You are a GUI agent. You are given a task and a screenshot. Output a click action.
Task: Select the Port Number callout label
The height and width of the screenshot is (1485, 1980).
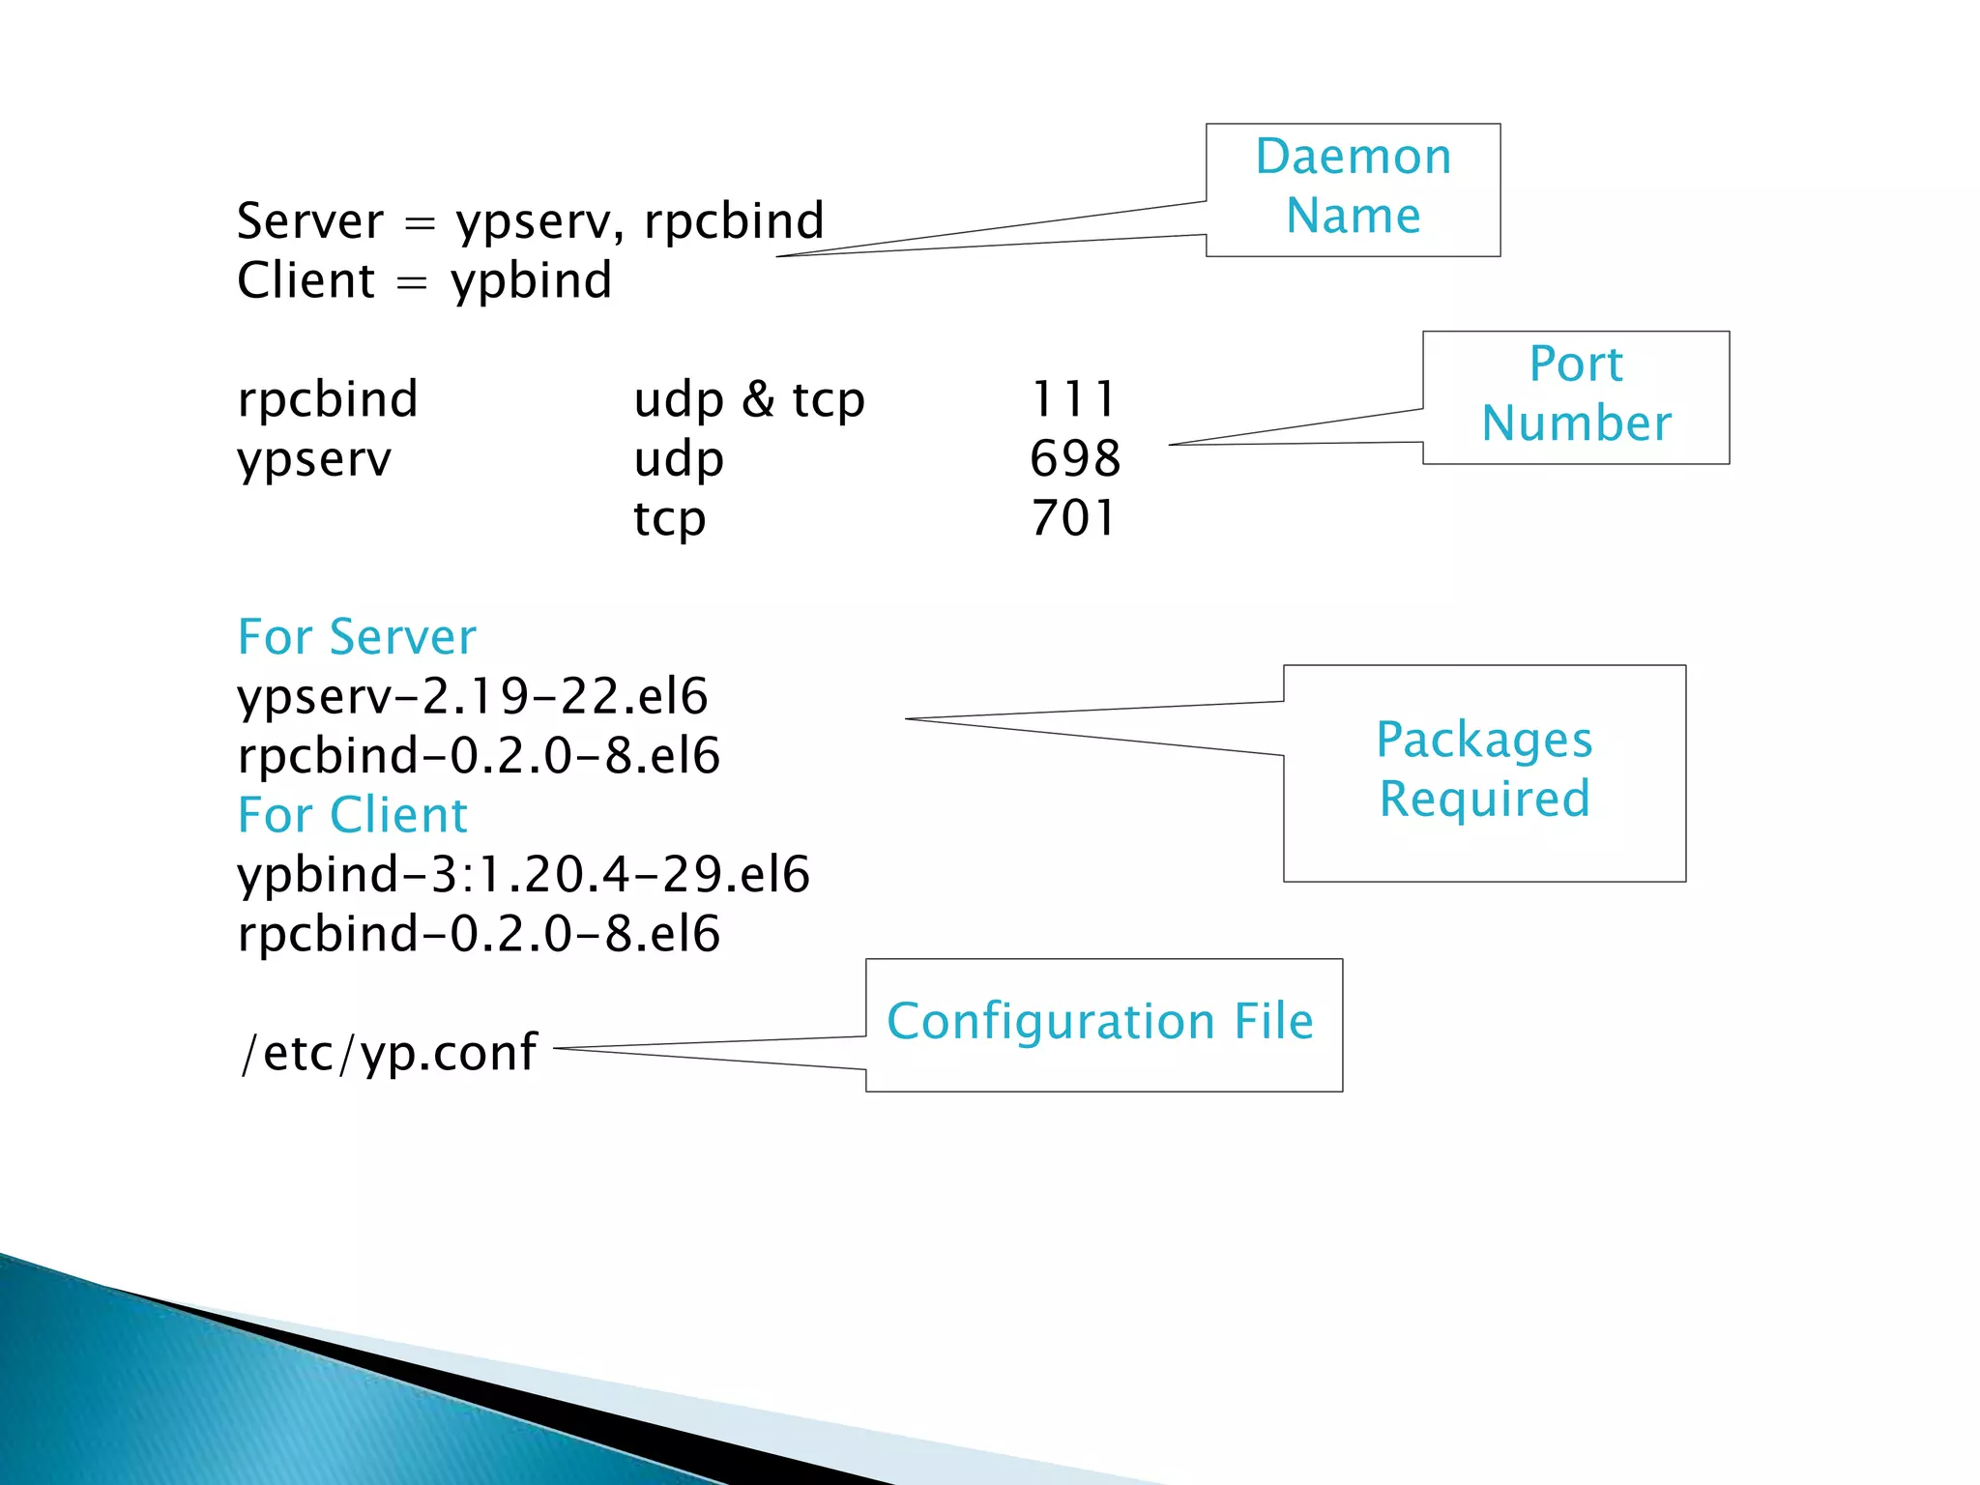[1576, 394]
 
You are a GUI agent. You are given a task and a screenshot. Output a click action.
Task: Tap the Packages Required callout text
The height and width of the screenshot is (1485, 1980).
[1484, 770]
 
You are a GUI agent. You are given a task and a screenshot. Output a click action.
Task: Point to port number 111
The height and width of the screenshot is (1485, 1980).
[1073, 399]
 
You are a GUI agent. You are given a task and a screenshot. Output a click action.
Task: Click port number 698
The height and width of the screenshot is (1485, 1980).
[1075, 458]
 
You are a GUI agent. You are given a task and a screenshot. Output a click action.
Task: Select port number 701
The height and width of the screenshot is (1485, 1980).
[1073, 518]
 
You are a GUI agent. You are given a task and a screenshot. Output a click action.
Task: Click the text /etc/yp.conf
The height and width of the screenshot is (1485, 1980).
[389, 1052]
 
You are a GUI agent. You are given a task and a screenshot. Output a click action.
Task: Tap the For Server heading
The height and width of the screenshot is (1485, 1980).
[357, 637]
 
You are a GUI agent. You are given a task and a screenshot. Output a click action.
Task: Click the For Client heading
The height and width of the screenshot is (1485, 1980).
[353, 815]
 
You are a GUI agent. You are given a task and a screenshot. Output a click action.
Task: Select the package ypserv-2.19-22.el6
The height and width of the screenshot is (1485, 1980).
[473, 697]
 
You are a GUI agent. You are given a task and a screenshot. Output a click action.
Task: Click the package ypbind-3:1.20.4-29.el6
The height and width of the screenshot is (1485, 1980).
[523, 875]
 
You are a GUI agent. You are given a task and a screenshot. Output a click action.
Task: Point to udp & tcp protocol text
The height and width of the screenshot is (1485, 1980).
[749, 400]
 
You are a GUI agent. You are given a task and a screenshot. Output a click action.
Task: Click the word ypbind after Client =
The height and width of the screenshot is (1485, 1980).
[532, 281]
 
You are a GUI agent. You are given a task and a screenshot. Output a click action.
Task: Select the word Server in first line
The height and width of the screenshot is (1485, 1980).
[310, 221]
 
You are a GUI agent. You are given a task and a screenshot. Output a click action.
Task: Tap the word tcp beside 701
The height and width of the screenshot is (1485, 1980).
[670, 520]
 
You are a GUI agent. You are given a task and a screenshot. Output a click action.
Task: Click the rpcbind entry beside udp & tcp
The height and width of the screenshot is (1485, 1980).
[328, 399]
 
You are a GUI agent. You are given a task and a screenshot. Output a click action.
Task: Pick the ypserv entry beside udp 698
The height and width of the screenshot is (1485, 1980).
[314, 460]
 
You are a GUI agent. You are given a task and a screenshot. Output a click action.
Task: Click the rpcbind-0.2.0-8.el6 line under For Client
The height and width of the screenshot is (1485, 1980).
[479, 934]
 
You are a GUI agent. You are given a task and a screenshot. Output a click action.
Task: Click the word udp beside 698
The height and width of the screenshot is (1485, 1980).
[679, 460]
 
